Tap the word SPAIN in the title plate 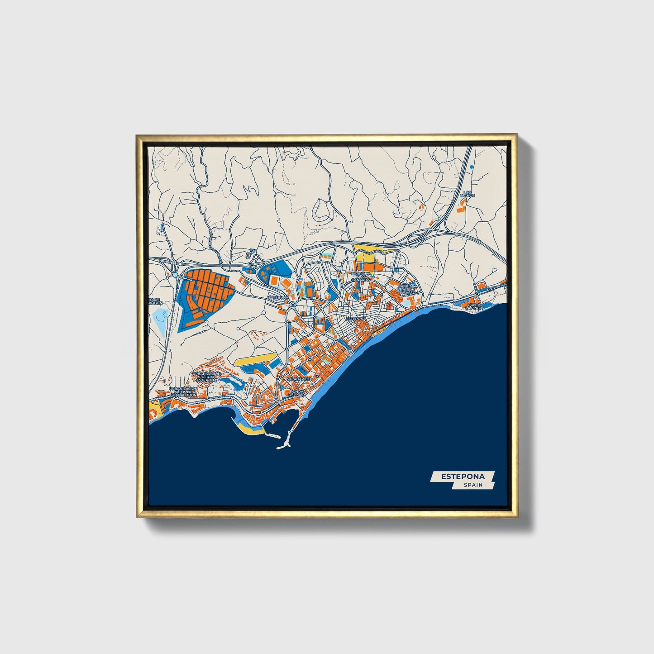(x=473, y=485)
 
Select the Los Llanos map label (x=467, y=194)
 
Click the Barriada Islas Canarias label (x=363, y=277)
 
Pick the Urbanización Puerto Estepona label (x=206, y=377)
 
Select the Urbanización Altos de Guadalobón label (x=183, y=391)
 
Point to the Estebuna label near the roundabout (x=277, y=297)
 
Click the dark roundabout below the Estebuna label (x=293, y=305)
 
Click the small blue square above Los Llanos (x=471, y=167)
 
